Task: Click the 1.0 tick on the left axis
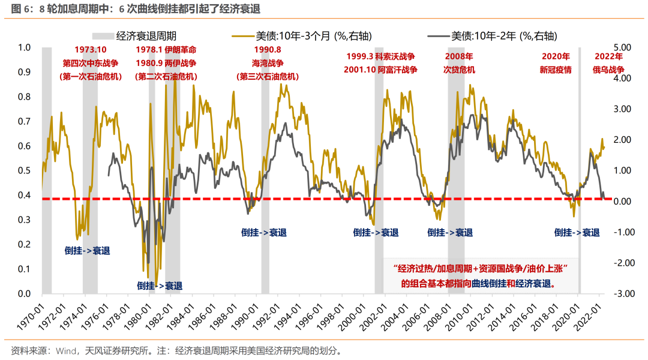click(24, 47)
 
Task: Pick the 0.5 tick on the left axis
click(24, 170)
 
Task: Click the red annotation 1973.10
click(90, 49)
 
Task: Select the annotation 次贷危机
click(459, 70)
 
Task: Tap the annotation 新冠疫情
click(556, 70)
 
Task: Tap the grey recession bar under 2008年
click(456, 180)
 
